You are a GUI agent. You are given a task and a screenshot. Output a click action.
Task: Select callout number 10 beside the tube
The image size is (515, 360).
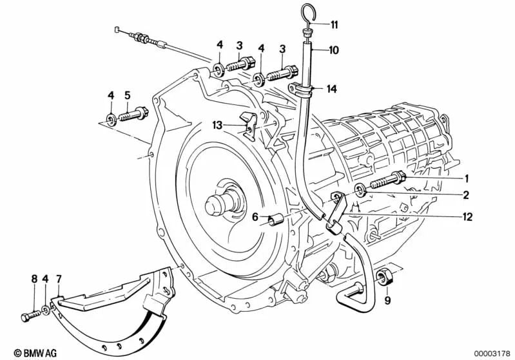point(333,50)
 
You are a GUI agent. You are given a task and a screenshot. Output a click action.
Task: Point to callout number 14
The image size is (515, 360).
point(331,90)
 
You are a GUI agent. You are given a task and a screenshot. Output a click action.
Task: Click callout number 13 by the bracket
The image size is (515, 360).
point(217,125)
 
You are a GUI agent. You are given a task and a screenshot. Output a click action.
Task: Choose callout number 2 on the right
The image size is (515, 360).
point(465,194)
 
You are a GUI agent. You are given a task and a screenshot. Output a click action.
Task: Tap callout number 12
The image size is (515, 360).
point(467,217)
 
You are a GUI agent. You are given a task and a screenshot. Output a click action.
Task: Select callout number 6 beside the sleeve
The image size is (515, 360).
point(255,218)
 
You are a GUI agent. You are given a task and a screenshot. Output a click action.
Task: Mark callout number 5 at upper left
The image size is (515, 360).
point(127,95)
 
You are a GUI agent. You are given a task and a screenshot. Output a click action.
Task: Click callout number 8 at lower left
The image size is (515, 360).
point(34,279)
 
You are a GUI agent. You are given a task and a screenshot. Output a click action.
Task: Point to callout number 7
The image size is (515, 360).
point(59,279)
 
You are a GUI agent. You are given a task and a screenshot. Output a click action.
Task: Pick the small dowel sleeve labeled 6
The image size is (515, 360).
point(276,220)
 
